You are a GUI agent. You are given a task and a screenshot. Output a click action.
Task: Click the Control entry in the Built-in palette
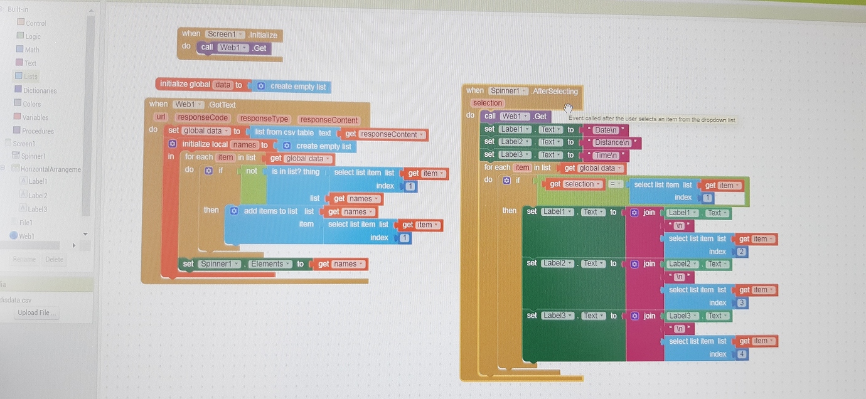[x=36, y=23]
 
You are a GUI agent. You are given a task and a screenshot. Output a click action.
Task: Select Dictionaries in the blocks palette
[x=40, y=90]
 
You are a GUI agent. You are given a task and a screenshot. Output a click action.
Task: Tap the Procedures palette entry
[x=38, y=131]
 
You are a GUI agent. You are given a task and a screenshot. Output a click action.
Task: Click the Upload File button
[x=37, y=313]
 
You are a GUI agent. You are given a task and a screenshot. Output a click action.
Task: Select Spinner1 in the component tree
[x=33, y=156]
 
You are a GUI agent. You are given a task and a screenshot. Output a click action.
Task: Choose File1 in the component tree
[x=26, y=223]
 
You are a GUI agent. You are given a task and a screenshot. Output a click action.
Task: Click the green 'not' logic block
[x=252, y=171]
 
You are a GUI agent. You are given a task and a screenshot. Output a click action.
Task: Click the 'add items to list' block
[x=270, y=211]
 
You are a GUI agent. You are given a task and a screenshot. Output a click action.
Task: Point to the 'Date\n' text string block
[x=604, y=130]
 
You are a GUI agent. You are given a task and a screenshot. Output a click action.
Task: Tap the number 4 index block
[x=742, y=354]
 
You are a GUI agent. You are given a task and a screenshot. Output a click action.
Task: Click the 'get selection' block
[x=574, y=184]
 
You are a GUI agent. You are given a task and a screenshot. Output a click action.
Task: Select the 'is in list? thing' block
[x=295, y=172]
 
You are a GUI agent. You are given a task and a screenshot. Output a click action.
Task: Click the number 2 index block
[x=742, y=252]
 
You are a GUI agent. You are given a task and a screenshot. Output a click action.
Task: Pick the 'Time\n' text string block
[x=604, y=155]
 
